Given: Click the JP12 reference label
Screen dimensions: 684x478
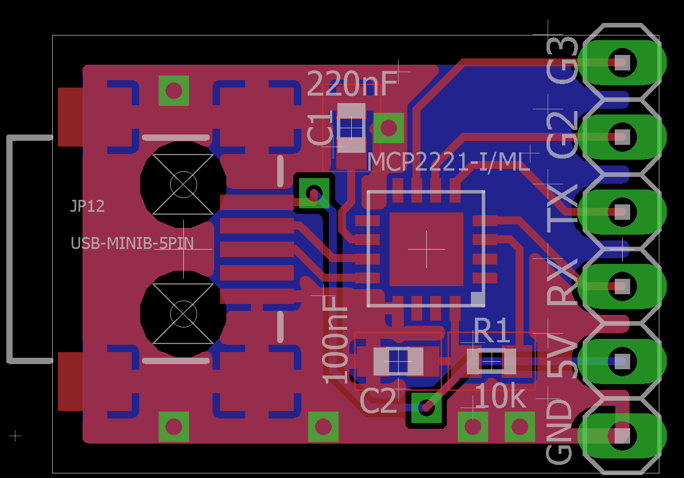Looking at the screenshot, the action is tap(88, 206).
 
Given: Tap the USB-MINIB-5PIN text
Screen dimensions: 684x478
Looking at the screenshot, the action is tap(132, 243).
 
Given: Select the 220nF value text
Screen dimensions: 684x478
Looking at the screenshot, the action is tap(352, 84).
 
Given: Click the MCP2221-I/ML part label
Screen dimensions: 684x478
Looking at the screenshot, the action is tap(449, 161).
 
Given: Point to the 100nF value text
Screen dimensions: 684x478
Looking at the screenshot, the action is tap(335, 340).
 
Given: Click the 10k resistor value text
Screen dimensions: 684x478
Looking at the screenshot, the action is tap(500, 397).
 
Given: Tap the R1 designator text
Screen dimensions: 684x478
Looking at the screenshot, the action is tap(492, 331).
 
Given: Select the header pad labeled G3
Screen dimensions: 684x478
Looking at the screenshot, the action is tap(622, 62).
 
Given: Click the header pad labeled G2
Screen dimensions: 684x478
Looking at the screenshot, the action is tap(622, 137).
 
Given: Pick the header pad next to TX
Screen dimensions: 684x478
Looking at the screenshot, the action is tap(622, 212).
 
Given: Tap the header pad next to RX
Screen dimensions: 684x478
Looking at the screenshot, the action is tap(622, 286).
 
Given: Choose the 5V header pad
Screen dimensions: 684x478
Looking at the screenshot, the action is tap(622, 361).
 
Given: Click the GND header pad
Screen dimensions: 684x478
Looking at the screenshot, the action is tap(622, 436).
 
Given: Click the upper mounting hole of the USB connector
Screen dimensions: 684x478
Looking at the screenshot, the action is tap(183, 184).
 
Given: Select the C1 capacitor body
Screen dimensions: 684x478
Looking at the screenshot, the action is tap(352, 128).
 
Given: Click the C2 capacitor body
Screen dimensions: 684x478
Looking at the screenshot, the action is tap(398, 361).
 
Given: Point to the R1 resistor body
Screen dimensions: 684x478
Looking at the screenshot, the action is tap(491, 361).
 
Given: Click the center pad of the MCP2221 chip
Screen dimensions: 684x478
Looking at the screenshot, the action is tap(426, 249).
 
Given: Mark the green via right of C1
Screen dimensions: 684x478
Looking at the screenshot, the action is tap(388, 128).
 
